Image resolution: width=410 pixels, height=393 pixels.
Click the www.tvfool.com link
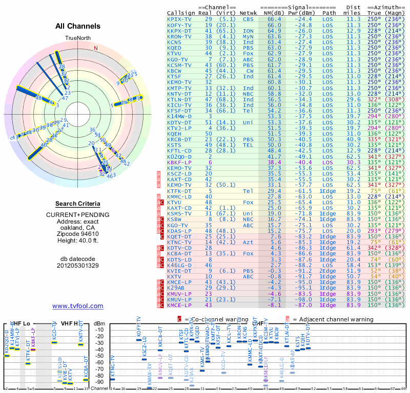pyautogui.click(x=78, y=306)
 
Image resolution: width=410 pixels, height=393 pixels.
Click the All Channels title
pyautogui.click(x=78, y=26)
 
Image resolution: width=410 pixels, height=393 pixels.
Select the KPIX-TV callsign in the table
pyautogui.click(x=179, y=19)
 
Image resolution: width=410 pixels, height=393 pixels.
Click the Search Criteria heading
pyautogui.click(x=78, y=204)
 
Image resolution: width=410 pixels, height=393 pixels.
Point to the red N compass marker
pyautogui.click(x=95, y=49)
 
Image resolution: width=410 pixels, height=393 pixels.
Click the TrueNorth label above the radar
pyautogui.click(x=78, y=38)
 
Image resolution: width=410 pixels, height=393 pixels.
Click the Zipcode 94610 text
pyautogui.click(x=78, y=234)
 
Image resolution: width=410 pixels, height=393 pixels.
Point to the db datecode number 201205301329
pyautogui.click(x=78, y=266)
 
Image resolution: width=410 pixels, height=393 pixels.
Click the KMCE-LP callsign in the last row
pyautogui.click(x=179, y=305)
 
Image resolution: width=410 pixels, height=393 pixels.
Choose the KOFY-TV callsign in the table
pyautogui.click(x=179, y=25)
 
